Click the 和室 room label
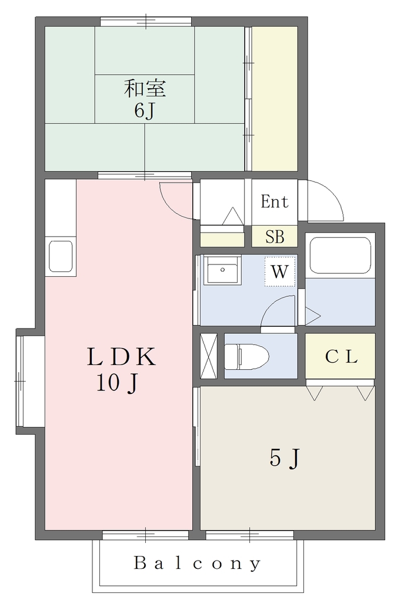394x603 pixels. [x=145, y=88]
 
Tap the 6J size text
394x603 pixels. [x=145, y=111]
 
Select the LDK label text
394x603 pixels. [x=121, y=356]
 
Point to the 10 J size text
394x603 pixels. [x=117, y=383]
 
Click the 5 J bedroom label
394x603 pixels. [x=284, y=458]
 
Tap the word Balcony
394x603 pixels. [x=198, y=564]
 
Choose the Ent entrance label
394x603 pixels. [x=274, y=201]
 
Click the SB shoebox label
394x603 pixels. [x=275, y=237]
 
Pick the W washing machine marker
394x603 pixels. [x=279, y=271]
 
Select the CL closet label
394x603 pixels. [x=342, y=356]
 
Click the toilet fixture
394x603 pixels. [x=246, y=356]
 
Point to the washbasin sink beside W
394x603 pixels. [x=222, y=270]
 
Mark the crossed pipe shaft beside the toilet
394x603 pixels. [x=209, y=356]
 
